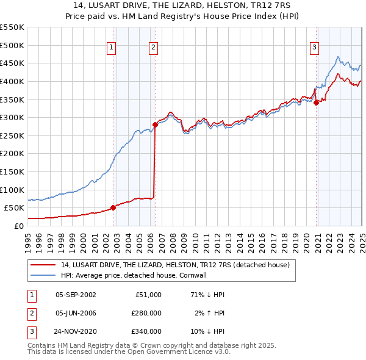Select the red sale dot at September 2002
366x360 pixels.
point(113,207)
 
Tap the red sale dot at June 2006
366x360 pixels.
point(155,124)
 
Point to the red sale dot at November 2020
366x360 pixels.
point(317,103)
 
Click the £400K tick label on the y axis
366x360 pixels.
point(12,81)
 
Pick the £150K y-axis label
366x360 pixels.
point(12,171)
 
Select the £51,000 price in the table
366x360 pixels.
point(148,294)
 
